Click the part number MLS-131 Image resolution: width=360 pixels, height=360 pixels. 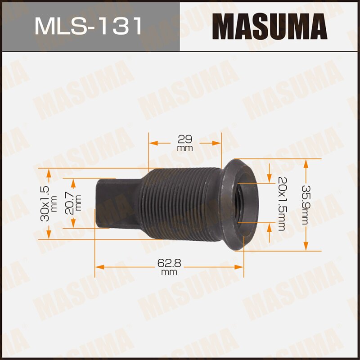click(x=88, y=26)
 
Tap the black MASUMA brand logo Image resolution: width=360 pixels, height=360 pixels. click(x=270, y=26)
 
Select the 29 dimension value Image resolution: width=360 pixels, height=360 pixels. click(x=184, y=139)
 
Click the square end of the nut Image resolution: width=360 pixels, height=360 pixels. click(x=118, y=203)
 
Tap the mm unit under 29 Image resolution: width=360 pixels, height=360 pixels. click(x=184, y=148)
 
